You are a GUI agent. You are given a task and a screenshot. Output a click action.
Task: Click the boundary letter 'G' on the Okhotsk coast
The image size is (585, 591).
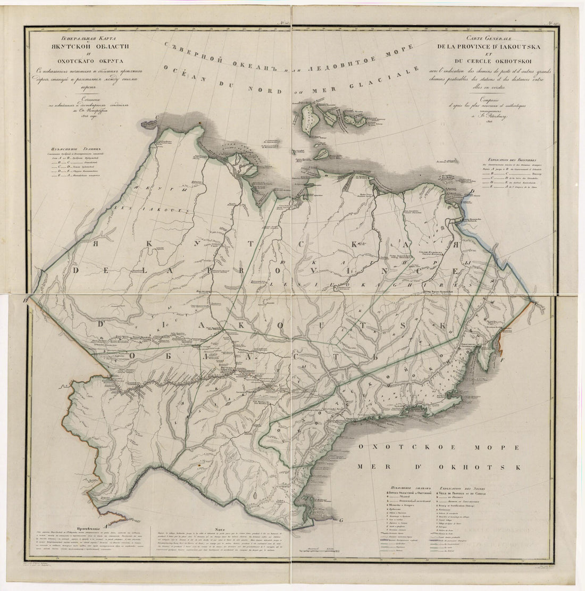[x=341, y=520]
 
